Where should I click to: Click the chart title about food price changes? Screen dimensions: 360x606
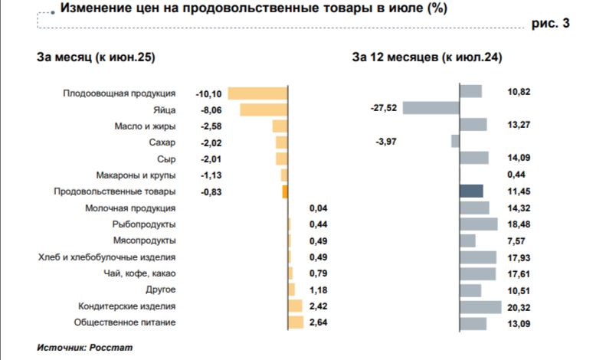point(254,9)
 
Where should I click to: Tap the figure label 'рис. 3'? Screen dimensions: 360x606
point(550,24)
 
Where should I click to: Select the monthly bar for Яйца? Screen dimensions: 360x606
point(264,110)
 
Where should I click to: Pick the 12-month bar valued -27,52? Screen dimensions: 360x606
point(431,108)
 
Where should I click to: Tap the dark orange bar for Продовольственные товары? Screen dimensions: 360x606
point(284,191)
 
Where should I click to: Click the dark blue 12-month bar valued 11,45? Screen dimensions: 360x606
point(471,191)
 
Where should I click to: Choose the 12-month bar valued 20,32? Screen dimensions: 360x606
point(480,306)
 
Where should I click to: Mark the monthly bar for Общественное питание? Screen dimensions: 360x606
point(296,322)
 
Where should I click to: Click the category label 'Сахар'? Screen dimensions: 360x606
point(162,142)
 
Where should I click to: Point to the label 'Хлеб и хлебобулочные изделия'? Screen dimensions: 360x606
point(107,257)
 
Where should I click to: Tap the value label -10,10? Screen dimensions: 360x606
point(208,93)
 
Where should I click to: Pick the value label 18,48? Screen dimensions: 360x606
point(519,224)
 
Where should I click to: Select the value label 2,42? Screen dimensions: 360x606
point(319,306)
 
